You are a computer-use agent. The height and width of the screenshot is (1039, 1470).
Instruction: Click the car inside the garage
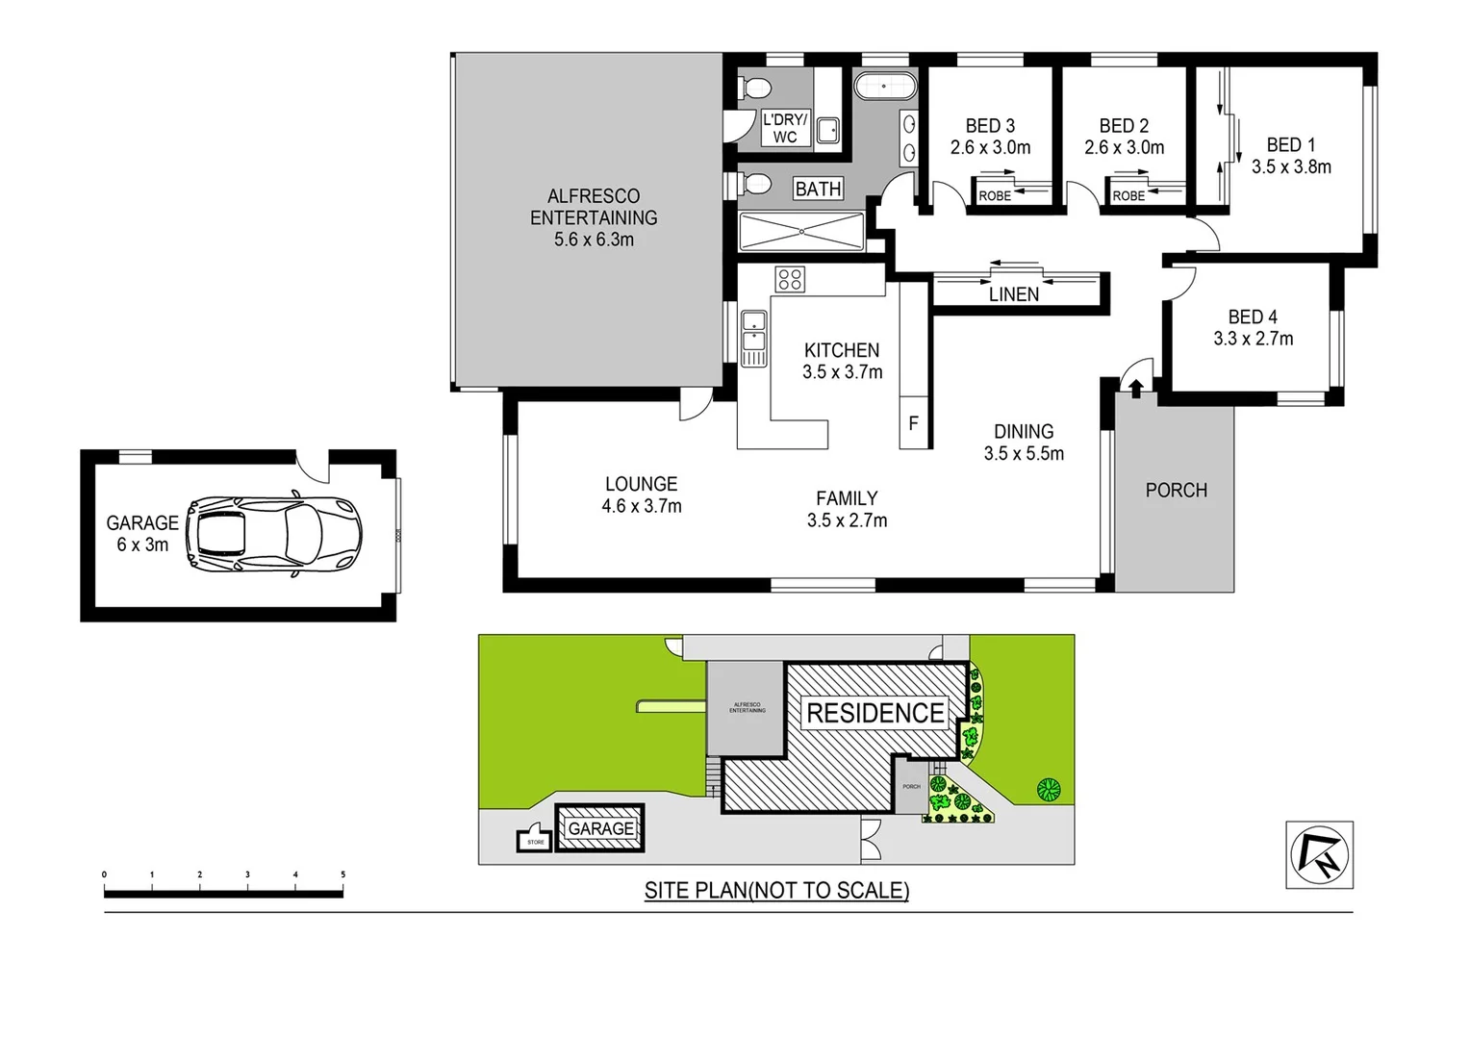pyautogui.click(x=274, y=535)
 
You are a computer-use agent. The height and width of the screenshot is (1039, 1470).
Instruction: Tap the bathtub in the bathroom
pyautogui.click(x=884, y=87)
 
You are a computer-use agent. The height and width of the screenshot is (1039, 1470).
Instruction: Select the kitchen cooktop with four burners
pyautogui.click(x=790, y=280)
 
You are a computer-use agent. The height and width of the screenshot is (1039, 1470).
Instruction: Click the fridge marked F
pyautogui.click(x=913, y=423)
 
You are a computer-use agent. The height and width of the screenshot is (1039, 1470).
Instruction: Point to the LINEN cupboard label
pyautogui.click(x=1014, y=294)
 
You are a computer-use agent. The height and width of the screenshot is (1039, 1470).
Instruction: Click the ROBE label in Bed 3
pyautogui.click(x=995, y=196)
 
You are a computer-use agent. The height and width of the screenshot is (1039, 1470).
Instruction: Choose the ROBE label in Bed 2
pyautogui.click(x=1128, y=196)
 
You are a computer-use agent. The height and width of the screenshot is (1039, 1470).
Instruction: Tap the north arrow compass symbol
pyautogui.click(x=1319, y=854)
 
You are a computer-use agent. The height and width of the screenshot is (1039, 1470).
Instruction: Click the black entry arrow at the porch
pyautogui.click(x=1136, y=388)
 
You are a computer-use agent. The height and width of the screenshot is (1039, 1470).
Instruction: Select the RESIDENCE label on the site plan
pyautogui.click(x=874, y=713)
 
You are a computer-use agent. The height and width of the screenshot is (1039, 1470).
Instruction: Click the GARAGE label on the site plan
pyautogui.click(x=600, y=828)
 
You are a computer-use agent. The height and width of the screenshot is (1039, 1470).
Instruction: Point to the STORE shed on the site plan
pyautogui.click(x=535, y=840)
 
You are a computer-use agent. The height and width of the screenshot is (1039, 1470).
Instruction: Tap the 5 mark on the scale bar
pyautogui.click(x=342, y=875)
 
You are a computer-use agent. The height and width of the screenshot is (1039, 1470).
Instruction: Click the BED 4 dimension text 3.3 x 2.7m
pyautogui.click(x=1253, y=339)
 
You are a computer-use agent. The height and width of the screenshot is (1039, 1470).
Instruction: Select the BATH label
pyautogui.click(x=818, y=190)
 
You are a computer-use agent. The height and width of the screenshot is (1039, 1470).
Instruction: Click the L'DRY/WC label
pyautogui.click(x=785, y=128)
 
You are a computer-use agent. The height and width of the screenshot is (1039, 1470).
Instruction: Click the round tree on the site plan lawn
pyautogui.click(x=1049, y=790)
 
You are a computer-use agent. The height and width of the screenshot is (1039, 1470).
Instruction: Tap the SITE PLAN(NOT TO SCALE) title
pyautogui.click(x=776, y=891)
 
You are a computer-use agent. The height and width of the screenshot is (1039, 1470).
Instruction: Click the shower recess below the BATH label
pyautogui.click(x=801, y=232)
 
